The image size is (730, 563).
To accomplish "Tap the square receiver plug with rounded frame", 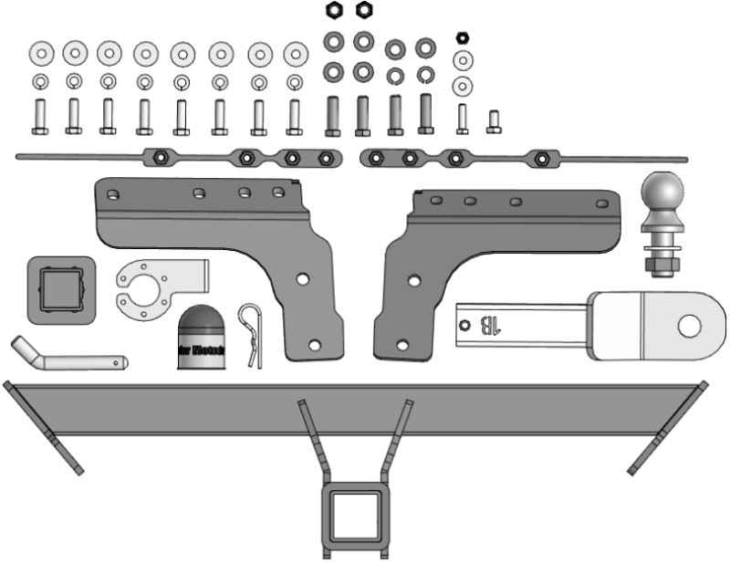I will click(60, 289).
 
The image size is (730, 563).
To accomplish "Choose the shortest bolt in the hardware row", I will click(494, 121).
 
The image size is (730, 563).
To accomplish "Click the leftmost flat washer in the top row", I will click(41, 54).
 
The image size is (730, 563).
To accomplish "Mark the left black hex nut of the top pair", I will click(334, 11).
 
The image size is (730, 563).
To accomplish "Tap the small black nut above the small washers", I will click(462, 38).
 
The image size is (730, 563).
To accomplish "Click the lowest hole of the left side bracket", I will click(315, 345).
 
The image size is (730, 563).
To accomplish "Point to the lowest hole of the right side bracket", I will click(402, 344).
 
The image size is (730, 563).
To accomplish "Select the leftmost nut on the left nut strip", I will click(158, 157).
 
